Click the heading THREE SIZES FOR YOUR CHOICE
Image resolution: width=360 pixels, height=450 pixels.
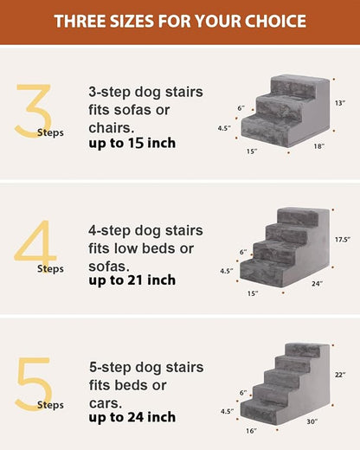click(x=179, y=21)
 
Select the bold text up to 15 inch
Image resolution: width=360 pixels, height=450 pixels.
click(x=132, y=143)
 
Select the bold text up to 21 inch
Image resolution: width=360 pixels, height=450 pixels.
click(x=132, y=280)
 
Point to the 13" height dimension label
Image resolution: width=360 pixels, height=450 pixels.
click(x=341, y=103)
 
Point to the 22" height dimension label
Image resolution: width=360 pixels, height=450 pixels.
click(x=341, y=375)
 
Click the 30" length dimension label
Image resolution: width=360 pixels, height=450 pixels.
click(x=311, y=421)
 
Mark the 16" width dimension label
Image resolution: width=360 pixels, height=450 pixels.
click(x=251, y=430)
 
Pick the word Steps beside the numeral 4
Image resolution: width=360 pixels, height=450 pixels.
click(x=50, y=268)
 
